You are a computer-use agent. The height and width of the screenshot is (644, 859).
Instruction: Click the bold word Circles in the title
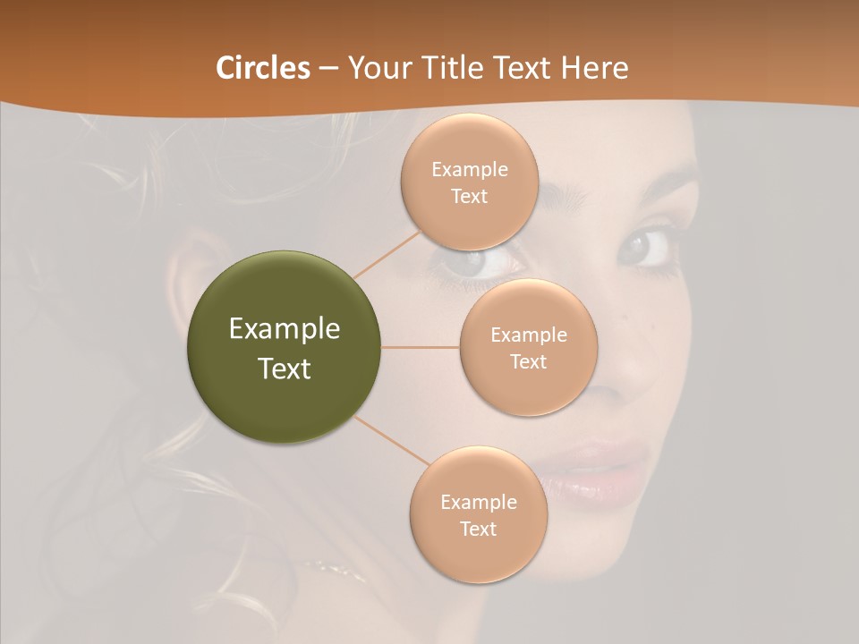point(262,67)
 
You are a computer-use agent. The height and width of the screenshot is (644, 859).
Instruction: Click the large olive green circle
point(285,347)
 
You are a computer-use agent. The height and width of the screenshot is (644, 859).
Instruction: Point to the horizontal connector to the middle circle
point(421,347)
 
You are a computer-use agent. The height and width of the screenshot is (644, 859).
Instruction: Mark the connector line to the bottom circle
point(391,441)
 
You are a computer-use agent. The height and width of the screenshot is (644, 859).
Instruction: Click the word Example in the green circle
point(285,329)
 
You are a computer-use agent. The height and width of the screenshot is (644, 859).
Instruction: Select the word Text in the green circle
point(285,369)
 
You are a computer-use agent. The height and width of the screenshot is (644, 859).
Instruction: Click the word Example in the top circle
point(470,170)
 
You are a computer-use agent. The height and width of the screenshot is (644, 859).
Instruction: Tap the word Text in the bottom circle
point(478,529)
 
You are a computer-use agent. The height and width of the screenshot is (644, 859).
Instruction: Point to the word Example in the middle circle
point(528,335)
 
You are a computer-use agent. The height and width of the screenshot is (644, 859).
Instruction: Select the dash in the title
point(327,68)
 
